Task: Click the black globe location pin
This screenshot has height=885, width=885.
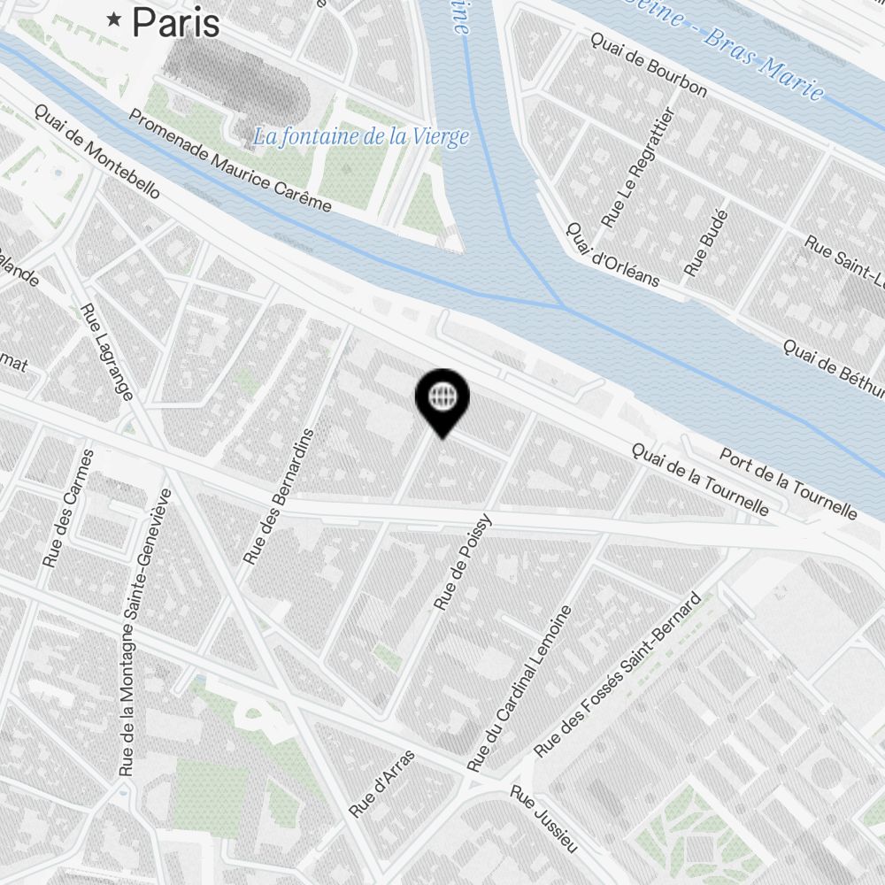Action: point(442,399)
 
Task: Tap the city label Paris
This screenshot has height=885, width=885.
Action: point(176,23)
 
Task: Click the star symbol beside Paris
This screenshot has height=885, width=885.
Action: point(114,19)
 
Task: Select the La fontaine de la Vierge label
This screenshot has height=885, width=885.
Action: point(359,137)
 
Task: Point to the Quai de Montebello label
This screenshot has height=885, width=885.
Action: point(97,151)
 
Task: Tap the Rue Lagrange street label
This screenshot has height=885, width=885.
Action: point(106,351)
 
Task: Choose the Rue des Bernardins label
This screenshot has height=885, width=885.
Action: point(279,497)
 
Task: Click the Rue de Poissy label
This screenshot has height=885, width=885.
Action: point(463,565)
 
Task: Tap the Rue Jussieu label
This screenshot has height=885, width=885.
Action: point(543,819)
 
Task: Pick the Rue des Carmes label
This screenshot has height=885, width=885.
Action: point(68,508)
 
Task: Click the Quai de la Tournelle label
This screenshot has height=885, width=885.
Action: point(699,479)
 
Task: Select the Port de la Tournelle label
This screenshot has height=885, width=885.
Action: point(788,483)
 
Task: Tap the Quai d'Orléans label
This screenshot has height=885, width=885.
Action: point(612,254)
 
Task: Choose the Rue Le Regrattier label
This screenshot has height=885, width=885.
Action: point(637,167)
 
